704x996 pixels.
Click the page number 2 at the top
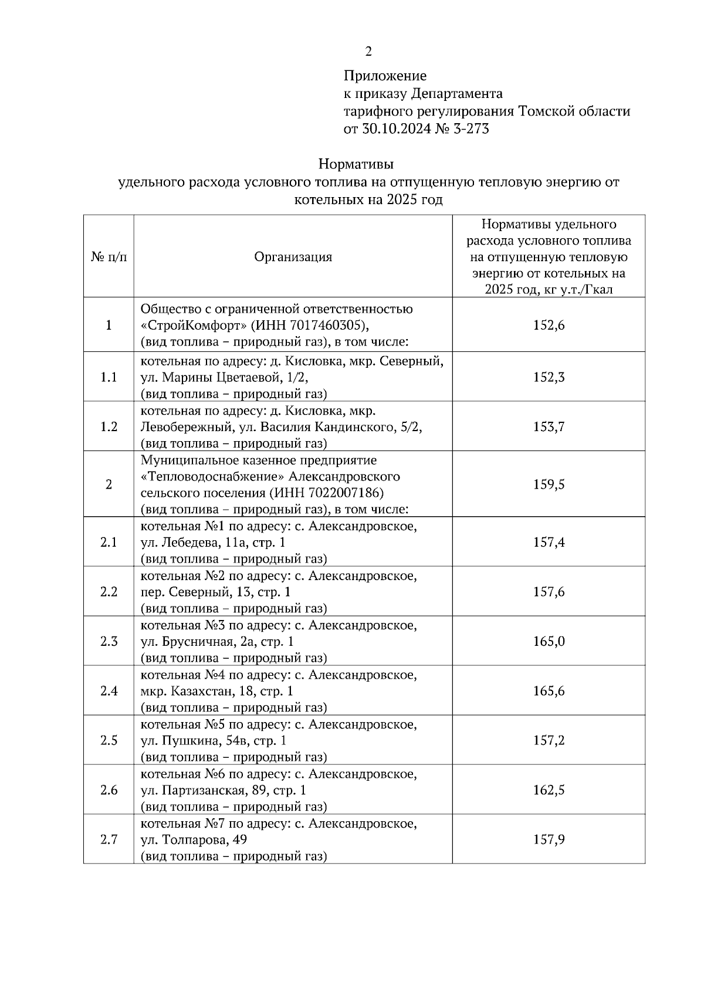368,52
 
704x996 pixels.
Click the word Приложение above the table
385,76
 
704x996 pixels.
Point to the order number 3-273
469,129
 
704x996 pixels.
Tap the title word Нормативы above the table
356,163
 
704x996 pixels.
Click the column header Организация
293,257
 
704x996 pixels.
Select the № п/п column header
109,257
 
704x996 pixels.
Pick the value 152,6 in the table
549,325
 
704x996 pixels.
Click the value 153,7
549,426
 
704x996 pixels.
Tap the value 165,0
549,641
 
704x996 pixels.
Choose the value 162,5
549,790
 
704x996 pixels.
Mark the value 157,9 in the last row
549,839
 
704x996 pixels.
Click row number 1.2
109,426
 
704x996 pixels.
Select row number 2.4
109,691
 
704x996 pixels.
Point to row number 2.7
109,839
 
